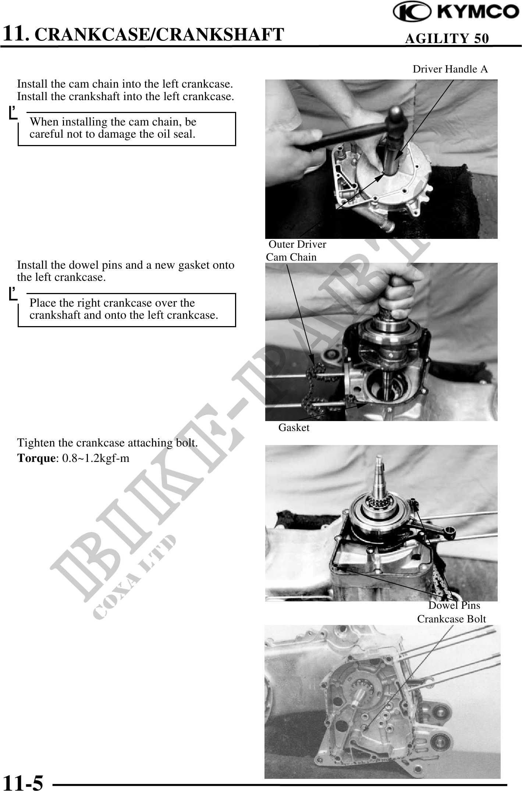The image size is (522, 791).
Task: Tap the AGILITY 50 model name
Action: pyautogui.click(x=447, y=38)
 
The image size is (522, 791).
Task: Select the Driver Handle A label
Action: pyautogui.click(x=450, y=69)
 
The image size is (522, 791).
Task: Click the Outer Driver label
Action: pyautogui.click(x=297, y=244)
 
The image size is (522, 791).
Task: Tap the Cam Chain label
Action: pyautogui.click(x=291, y=257)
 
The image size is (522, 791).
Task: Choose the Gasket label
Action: pyautogui.click(x=294, y=428)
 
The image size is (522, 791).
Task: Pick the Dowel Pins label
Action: pyautogui.click(x=454, y=605)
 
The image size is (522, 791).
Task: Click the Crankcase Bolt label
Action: pyautogui.click(x=451, y=619)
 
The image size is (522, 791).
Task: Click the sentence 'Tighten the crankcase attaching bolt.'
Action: pyautogui.click(x=108, y=443)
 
